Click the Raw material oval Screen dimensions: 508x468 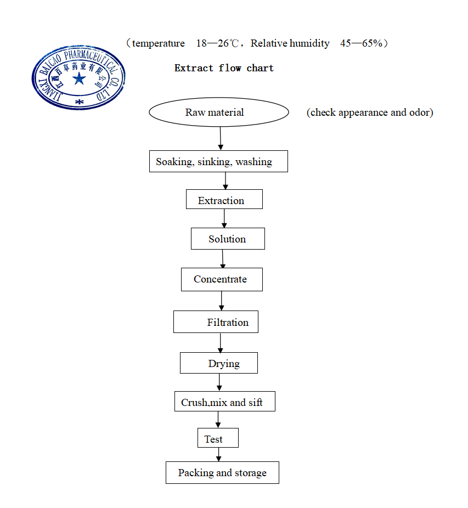(218, 112)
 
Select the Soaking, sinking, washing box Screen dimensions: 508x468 (218, 161)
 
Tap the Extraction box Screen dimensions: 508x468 (224, 200)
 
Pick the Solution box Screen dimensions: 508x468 (228, 239)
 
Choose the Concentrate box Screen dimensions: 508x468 (222, 279)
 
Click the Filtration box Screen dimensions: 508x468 (216, 322)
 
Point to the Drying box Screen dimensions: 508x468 (218, 363)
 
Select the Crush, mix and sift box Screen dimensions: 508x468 (224, 402)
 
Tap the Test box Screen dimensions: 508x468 (218, 438)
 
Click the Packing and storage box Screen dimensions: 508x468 (222, 472)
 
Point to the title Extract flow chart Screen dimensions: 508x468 (224, 68)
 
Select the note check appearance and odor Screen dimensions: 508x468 (370, 112)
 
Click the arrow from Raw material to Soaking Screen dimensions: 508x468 (221, 138)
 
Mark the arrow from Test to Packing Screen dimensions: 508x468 (218, 455)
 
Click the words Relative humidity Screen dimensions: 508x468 (290, 43)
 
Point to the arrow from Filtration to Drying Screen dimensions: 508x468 (221, 343)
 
